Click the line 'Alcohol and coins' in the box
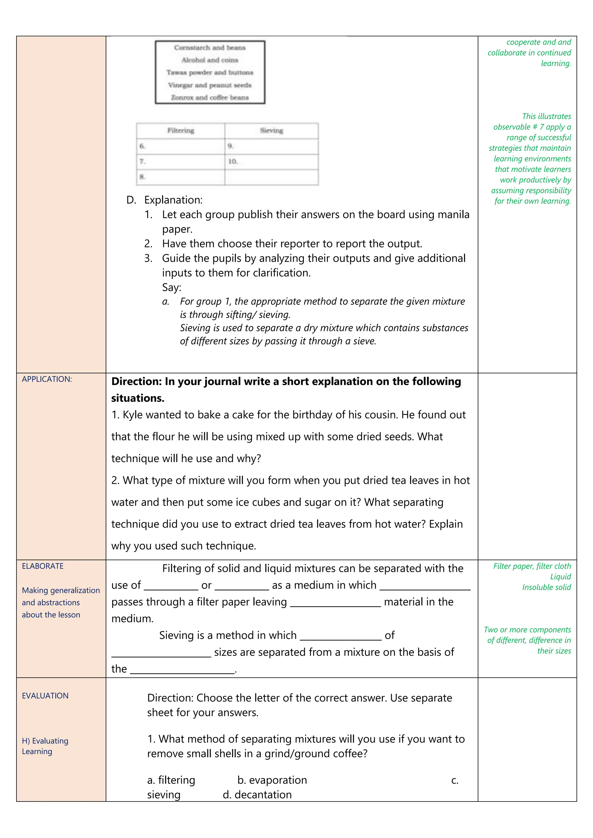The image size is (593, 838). [x=210, y=60]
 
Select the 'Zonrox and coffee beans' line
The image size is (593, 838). [x=210, y=98]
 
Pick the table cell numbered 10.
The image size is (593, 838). [x=271, y=161]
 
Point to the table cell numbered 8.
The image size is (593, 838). [x=180, y=177]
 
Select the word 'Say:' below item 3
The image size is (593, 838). [x=172, y=287]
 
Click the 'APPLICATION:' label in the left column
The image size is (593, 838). [x=47, y=379]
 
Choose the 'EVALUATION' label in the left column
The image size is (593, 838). [x=45, y=696]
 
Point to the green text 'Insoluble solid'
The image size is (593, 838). [x=546, y=587]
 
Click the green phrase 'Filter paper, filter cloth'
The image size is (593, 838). [x=532, y=566]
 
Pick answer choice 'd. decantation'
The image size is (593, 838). [x=257, y=795]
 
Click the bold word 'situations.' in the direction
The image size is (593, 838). [x=138, y=398]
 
